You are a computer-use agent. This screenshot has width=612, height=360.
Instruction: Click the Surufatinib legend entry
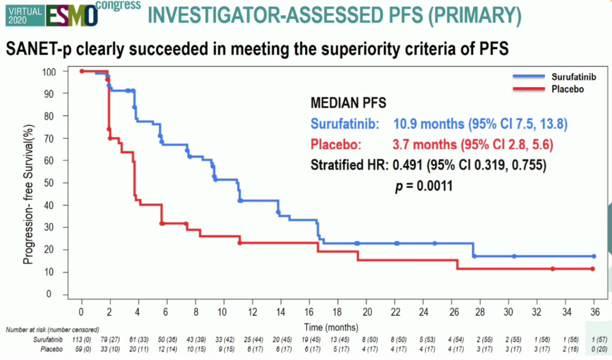(x=574, y=77)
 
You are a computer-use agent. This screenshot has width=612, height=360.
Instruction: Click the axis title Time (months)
(x=331, y=327)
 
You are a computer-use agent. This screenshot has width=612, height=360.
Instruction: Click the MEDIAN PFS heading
(x=348, y=103)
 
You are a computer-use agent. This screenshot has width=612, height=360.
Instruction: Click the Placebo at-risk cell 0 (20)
(x=594, y=348)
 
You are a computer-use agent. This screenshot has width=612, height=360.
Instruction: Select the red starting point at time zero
(x=81, y=71)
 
